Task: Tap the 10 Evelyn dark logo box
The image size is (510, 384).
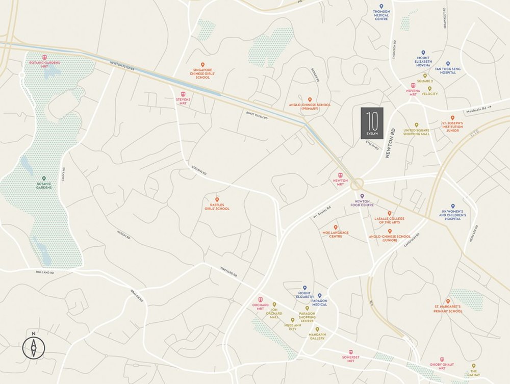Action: (372, 123)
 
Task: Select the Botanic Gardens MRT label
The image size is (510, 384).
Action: (44, 63)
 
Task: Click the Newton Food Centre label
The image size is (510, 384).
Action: (362, 203)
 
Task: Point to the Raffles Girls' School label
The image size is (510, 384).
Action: (217, 207)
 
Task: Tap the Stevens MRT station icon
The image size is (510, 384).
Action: (184, 94)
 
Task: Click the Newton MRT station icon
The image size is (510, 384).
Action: (341, 174)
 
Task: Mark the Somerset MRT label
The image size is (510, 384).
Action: (350, 359)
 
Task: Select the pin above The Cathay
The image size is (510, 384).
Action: (474, 366)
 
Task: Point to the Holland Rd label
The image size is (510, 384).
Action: (45, 273)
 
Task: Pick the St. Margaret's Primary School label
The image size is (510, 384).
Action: (448, 309)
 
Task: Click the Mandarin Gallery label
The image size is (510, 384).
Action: (317, 337)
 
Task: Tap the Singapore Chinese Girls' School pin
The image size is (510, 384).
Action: (202, 64)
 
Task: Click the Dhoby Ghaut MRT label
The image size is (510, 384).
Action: (441, 366)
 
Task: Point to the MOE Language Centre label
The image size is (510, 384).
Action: (336, 235)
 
